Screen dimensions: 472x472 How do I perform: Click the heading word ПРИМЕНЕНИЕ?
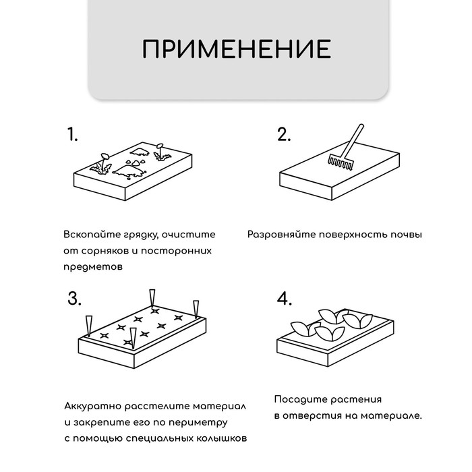tap(236, 49)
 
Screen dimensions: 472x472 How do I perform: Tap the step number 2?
tap(284, 134)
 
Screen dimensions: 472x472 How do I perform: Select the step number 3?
tap(73, 299)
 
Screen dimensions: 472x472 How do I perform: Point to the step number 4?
tap(285, 299)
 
